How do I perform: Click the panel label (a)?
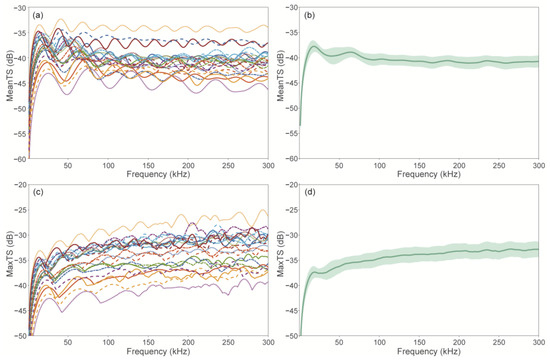point(38,15)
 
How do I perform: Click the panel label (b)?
point(309,15)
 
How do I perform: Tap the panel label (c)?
point(38,192)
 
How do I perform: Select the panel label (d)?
point(309,192)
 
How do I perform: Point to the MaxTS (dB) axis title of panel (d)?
point(281,254)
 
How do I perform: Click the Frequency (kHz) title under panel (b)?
point(429,174)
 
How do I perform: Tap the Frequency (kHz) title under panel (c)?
point(158,351)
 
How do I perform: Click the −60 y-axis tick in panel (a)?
point(20,159)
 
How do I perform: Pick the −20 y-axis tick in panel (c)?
point(20,185)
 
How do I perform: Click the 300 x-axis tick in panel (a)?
point(268,165)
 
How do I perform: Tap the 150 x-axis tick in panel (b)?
point(419,165)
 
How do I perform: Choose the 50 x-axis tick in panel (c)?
point(68,342)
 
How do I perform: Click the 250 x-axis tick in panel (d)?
point(499,342)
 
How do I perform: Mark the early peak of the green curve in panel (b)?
point(314,46)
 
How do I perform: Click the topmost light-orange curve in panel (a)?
point(151,28)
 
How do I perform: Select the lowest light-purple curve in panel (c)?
point(151,290)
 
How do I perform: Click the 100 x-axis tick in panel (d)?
point(379,342)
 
